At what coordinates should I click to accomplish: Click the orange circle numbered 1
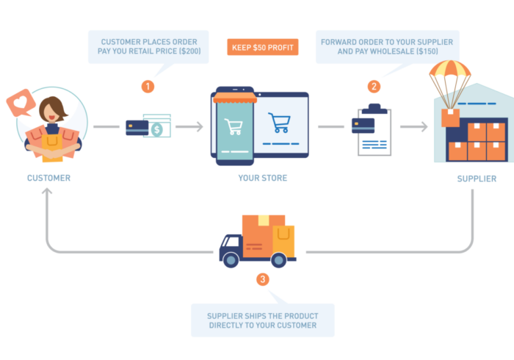point(148,87)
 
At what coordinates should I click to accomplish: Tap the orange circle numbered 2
point(374,87)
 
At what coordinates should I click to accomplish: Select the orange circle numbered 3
point(263,280)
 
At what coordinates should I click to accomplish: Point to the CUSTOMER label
point(49,179)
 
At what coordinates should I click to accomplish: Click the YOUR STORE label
point(262,179)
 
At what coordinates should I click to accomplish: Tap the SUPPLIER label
point(476,179)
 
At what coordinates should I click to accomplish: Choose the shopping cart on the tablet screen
point(279,123)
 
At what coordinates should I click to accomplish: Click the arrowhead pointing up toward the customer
point(46,192)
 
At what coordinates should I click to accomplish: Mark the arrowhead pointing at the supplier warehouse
point(424,126)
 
